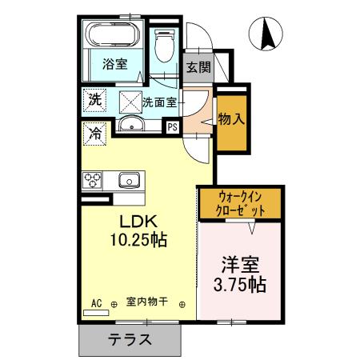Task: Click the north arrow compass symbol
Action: pyautogui.click(x=270, y=34)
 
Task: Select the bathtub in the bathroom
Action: pyautogui.click(x=114, y=36)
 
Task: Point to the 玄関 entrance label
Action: pyautogui.click(x=198, y=67)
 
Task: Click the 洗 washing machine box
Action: pyautogui.click(x=94, y=101)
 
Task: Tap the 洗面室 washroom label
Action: pyautogui.click(x=159, y=102)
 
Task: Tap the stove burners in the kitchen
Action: pyautogui.click(x=91, y=179)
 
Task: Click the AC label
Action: pyautogui.click(x=96, y=302)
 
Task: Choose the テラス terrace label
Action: pyautogui.click(x=130, y=338)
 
